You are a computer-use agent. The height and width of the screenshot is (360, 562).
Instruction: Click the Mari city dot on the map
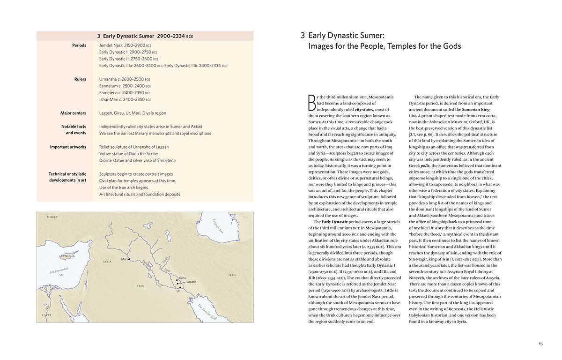click(129, 259)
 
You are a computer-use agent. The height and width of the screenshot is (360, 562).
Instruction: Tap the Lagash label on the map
click(191, 282)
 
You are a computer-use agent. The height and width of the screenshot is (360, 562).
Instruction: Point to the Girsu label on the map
click(183, 277)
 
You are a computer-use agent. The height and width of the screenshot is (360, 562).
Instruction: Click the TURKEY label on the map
click(52, 217)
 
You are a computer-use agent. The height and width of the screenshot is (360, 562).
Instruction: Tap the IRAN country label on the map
click(232, 275)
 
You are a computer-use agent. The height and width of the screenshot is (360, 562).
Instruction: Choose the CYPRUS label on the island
click(67, 256)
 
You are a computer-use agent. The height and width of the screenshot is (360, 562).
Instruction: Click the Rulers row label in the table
click(80, 79)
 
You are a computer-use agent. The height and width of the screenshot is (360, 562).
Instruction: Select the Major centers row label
click(73, 113)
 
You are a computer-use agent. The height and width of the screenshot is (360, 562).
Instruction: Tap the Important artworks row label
click(68, 147)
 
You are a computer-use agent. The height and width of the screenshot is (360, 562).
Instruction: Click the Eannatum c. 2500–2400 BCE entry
click(125, 86)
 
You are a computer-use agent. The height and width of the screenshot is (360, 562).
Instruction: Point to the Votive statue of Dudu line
click(128, 154)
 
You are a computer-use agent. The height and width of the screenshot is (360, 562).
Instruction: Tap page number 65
click(540, 344)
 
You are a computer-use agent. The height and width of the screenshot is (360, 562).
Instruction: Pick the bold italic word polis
click(425, 165)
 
